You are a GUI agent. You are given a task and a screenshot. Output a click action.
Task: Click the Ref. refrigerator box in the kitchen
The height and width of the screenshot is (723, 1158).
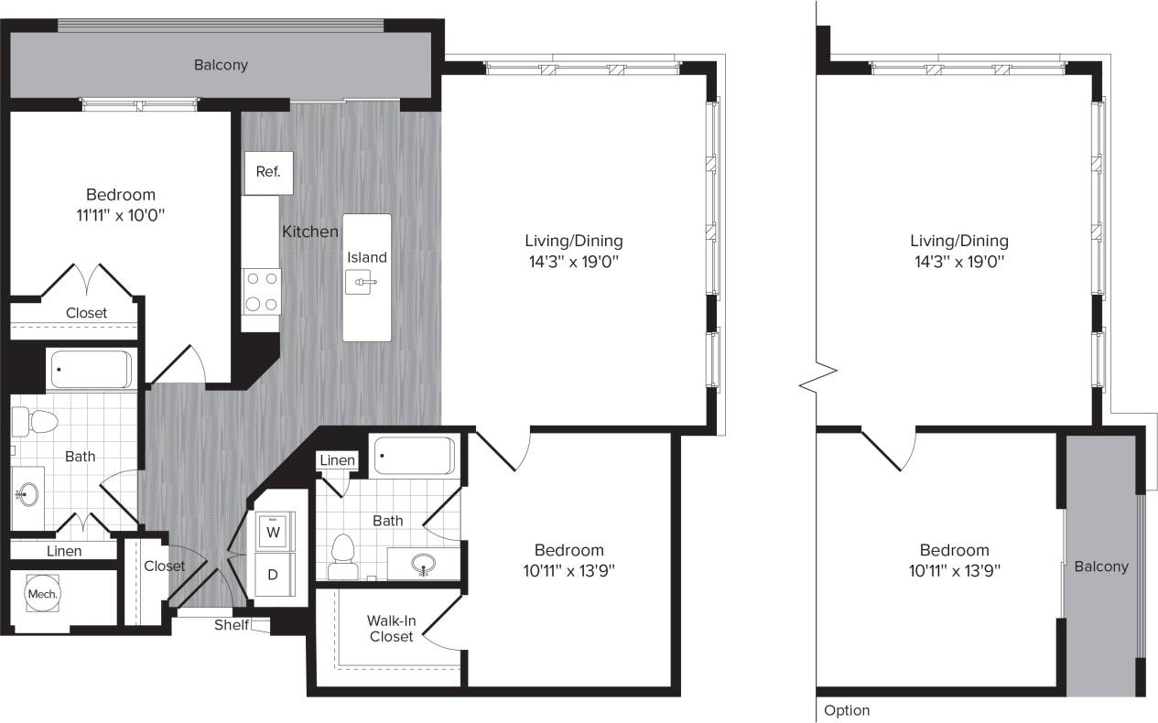[x=268, y=172]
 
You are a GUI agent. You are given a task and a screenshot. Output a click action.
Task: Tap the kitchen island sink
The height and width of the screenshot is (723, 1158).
[x=364, y=283]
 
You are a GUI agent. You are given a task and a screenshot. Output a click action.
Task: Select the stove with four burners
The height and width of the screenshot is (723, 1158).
[x=262, y=292]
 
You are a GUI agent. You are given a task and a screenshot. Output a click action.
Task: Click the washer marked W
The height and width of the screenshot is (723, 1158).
[x=273, y=530]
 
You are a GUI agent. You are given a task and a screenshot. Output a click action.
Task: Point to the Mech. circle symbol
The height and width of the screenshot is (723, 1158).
[x=42, y=594]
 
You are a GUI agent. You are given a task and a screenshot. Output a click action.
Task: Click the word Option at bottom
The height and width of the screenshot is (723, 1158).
[x=847, y=710]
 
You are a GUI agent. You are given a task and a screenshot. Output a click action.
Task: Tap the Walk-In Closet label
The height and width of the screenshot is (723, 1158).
[x=392, y=628]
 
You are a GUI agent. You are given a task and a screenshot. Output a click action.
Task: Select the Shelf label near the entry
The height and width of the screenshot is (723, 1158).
[x=231, y=625]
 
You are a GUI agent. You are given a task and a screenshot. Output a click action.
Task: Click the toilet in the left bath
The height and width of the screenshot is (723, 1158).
[x=39, y=422]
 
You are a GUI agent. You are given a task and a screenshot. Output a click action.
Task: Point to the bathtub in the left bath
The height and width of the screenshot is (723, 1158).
[x=90, y=369]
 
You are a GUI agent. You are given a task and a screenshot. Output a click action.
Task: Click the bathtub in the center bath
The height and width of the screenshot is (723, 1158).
[x=414, y=456]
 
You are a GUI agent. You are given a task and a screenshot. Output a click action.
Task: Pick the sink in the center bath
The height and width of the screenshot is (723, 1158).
[x=423, y=562]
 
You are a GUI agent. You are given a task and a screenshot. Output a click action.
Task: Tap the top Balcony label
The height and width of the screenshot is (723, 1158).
[x=221, y=65]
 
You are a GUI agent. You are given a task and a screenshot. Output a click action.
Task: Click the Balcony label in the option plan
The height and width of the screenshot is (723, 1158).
[x=1100, y=567]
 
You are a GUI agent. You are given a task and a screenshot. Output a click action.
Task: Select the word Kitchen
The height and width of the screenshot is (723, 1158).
[x=309, y=232]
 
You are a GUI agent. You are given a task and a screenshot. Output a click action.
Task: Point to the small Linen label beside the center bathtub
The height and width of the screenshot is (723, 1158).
[x=337, y=460]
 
